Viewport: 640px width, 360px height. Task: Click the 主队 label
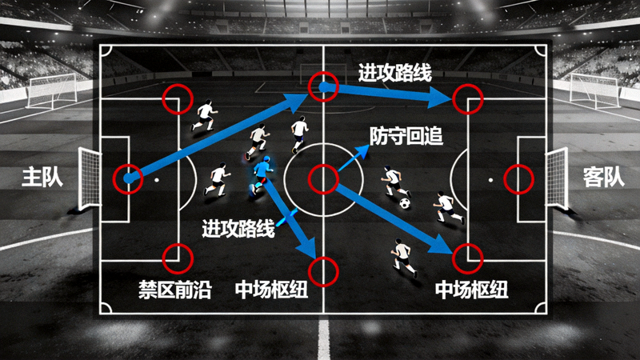pyautogui.click(x=42, y=177)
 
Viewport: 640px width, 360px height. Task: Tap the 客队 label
pyautogui.click(x=604, y=177)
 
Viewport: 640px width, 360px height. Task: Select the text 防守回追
pyautogui.click(x=406, y=136)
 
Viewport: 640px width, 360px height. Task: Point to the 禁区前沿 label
pyautogui.click(x=175, y=290)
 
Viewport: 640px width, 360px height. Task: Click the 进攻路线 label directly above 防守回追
pyautogui.click(x=395, y=73)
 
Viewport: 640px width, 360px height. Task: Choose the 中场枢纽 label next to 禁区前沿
pyautogui.click(x=271, y=290)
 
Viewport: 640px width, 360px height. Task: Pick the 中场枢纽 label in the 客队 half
pyautogui.click(x=471, y=290)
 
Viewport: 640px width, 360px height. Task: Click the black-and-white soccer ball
pyautogui.click(x=405, y=203)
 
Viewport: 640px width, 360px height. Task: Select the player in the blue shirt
pyautogui.click(x=262, y=175)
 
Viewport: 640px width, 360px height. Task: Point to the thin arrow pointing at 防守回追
pyautogui.click(x=354, y=158)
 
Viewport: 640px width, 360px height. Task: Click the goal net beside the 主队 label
pyautogui.click(x=90, y=178)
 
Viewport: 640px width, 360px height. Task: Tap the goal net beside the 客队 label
pyautogui.click(x=557, y=178)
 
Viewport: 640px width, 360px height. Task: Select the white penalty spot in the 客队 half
pyautogui.click(x=490, y=179)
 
